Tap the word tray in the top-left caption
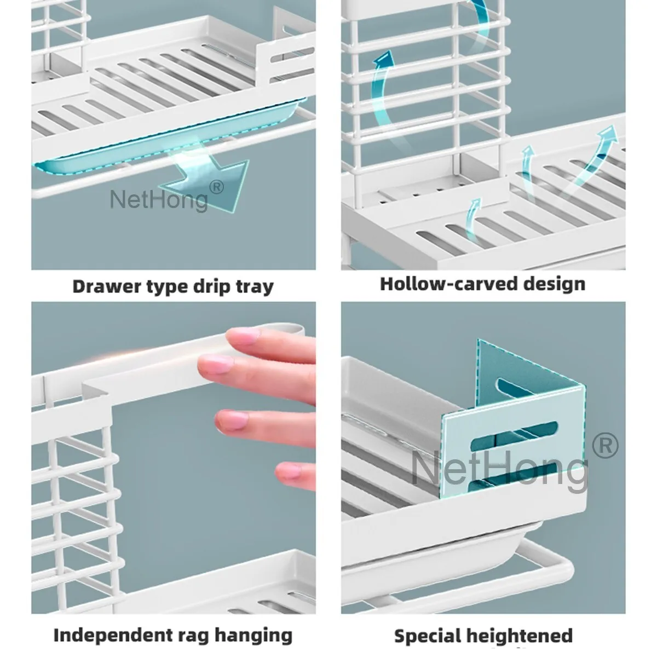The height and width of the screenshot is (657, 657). [252, 286]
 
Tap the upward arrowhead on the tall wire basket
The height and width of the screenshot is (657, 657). [387, 59]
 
